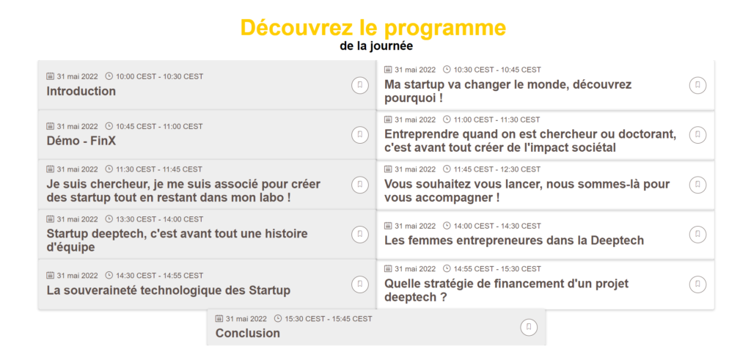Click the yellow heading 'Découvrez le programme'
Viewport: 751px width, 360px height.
point(373,28)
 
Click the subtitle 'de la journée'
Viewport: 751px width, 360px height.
point(376,46)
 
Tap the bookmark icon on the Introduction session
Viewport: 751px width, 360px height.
point(359,85)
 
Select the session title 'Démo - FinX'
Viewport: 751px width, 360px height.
point(81,141)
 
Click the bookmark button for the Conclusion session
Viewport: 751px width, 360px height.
point(529,327)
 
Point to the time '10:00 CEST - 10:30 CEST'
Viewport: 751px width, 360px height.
point(159,76)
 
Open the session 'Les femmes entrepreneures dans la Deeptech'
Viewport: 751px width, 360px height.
point(514,240)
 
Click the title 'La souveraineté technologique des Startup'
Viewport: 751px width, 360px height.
point(169,290)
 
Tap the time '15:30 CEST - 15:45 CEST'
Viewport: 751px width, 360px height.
point(329,319)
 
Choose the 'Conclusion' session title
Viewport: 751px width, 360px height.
point(248,333)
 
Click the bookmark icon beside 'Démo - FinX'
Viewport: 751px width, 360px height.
point(359,135)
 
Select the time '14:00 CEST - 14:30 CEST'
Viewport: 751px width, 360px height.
point(497,226)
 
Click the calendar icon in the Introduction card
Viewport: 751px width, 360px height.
point(50,76)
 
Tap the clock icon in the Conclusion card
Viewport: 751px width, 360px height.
point(278,318)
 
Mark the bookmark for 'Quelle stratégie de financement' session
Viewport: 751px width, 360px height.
point(698,284)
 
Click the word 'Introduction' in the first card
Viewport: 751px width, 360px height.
point(81,91)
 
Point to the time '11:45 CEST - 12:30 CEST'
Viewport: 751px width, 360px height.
point(497,169)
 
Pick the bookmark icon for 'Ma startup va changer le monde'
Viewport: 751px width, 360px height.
point(698,85)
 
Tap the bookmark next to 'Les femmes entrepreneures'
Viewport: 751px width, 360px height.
point(698,234)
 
